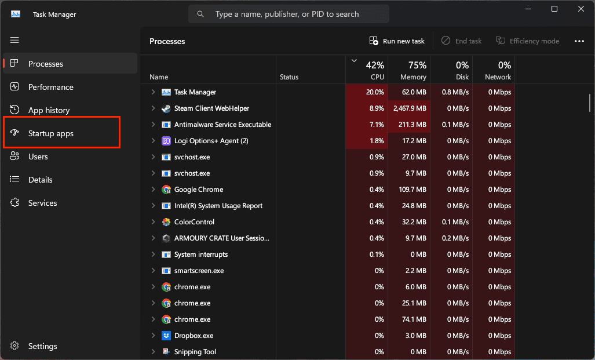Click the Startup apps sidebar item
[51, 133]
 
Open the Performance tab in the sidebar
[51, 87]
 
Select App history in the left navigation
[49, 110]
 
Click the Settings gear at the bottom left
[14, 346]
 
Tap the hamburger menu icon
[14, 40]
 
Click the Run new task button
[397, 41]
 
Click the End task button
[461, 41]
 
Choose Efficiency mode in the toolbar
[527, 41]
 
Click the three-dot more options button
[579, 41]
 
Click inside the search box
[289, 14]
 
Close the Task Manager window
[581, 9]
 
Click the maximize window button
[554, 9]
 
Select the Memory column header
[409, 70]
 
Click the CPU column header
[367, 70]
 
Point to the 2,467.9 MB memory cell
[410, 108]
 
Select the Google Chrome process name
[199, 190]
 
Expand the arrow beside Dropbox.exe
[154, 335]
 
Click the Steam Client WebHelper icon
[166, 108]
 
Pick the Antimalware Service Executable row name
[222, 125]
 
